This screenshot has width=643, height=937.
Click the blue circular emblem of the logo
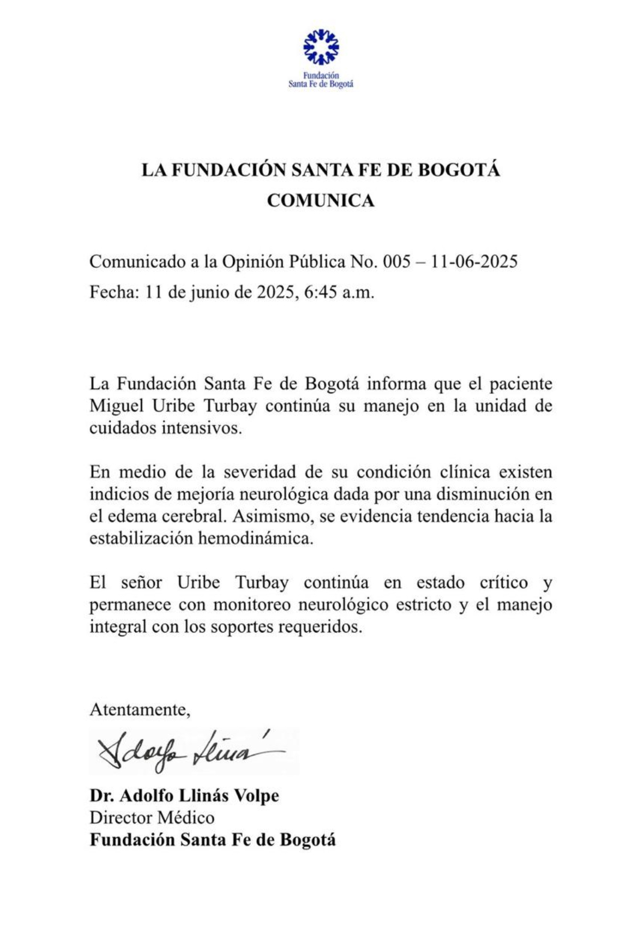tap(321, 47)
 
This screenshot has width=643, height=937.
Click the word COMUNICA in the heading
tap(321, 201)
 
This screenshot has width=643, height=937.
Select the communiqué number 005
tap(396, 262)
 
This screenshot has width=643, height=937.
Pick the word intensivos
tap(201, 428)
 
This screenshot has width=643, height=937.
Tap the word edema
tap(133, 516)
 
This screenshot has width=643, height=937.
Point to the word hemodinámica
tap(256, 539)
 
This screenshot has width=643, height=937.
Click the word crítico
tap(503, 583)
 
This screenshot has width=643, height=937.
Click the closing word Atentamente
tap(140, 710)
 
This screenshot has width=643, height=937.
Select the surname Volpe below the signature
tap(256, 796)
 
